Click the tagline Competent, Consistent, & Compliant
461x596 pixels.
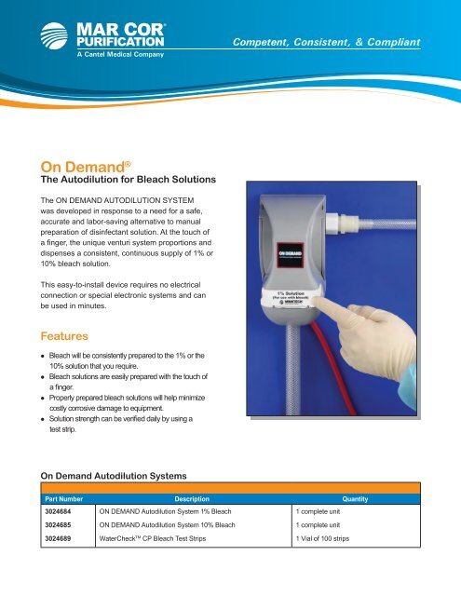(327, 43)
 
